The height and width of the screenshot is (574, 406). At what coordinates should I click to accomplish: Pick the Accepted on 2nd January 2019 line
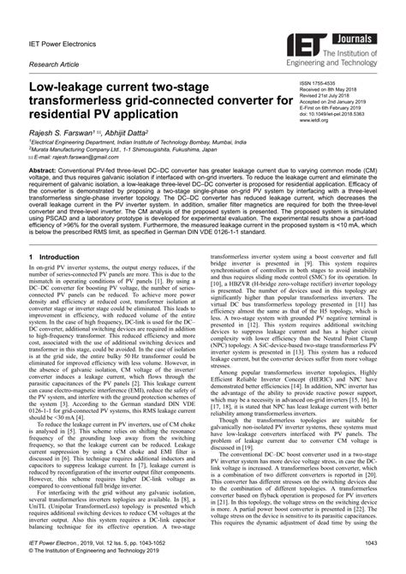coord(337,103)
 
